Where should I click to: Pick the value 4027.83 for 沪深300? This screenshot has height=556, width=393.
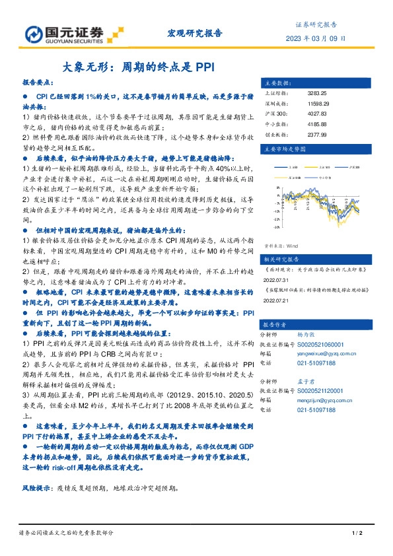click(x=318, y=114)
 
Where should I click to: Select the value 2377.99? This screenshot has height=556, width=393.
click(x=318, y=133)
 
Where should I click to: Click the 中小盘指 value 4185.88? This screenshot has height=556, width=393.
click(x=318, y=123)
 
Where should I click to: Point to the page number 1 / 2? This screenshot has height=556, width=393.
click(x=353, y=533)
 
